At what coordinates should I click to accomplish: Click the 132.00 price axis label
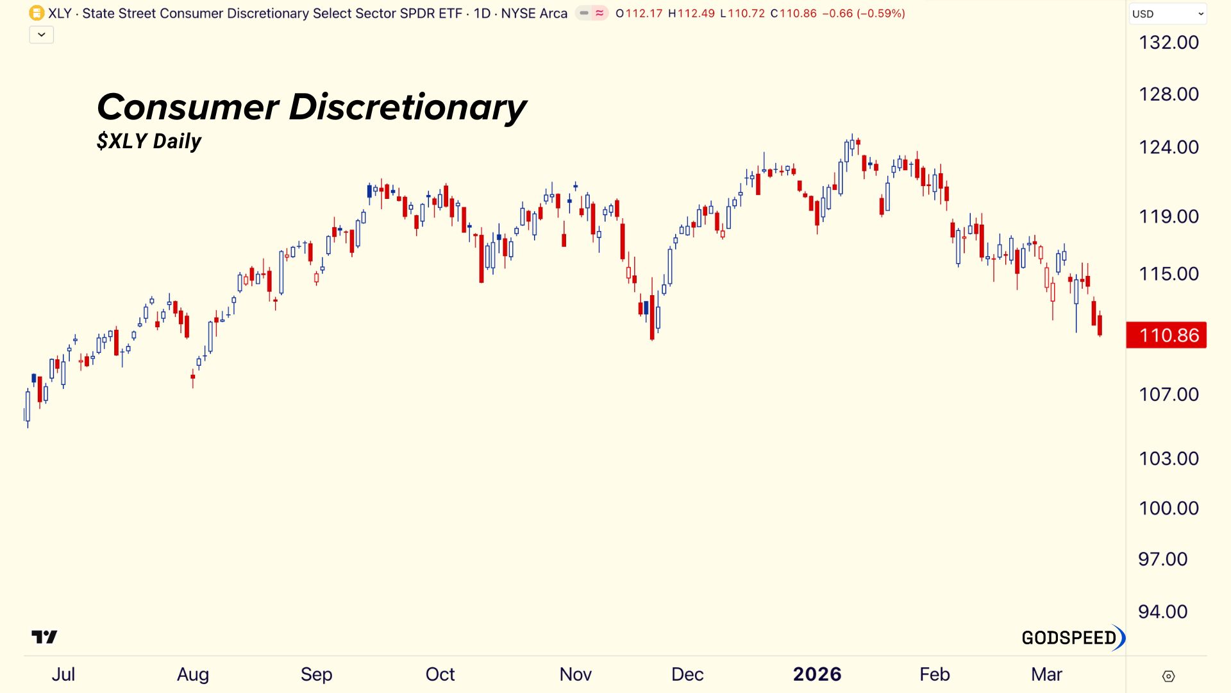1168,42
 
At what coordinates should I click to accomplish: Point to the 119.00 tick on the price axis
1168,216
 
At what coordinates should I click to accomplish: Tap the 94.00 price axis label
1162,612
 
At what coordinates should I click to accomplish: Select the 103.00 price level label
1168,458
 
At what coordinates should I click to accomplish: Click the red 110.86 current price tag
1166,335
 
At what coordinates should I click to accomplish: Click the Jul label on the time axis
63,674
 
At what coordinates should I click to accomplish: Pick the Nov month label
575,674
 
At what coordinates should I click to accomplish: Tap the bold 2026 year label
817,674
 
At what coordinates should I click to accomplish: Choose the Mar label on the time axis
1046,674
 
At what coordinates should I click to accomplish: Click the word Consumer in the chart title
188,107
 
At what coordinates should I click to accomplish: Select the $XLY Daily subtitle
149,141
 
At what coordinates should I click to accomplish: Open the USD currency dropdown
1167,13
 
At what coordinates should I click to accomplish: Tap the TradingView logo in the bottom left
44,637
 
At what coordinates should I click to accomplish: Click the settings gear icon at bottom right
1168,676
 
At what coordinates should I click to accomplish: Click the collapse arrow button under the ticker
42,35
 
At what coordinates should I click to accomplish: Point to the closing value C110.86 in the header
793,13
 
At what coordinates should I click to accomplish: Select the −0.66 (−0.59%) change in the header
863,13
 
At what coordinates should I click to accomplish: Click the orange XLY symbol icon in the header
37,13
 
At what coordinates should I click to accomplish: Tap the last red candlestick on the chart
1100,325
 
